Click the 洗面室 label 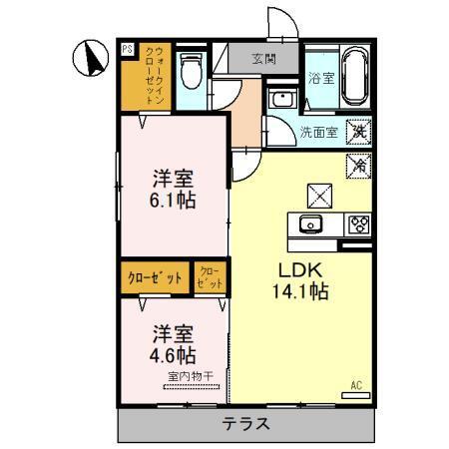point(319,131)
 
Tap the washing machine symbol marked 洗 point(357,130)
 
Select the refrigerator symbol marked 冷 point(357,167)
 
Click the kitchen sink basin point(308,224)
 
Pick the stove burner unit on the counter point(357,224)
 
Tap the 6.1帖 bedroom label point(172,190)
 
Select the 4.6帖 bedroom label point(172,344)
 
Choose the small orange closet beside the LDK point(210,277)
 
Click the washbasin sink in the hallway point(280,100)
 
